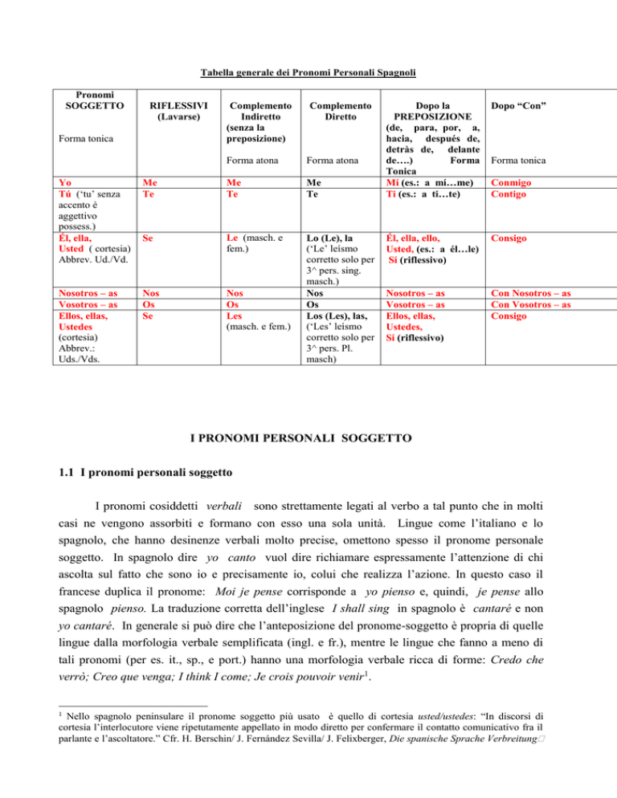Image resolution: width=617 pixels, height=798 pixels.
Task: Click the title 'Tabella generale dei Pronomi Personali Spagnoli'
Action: pyautogui.click(x=308, y=73)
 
